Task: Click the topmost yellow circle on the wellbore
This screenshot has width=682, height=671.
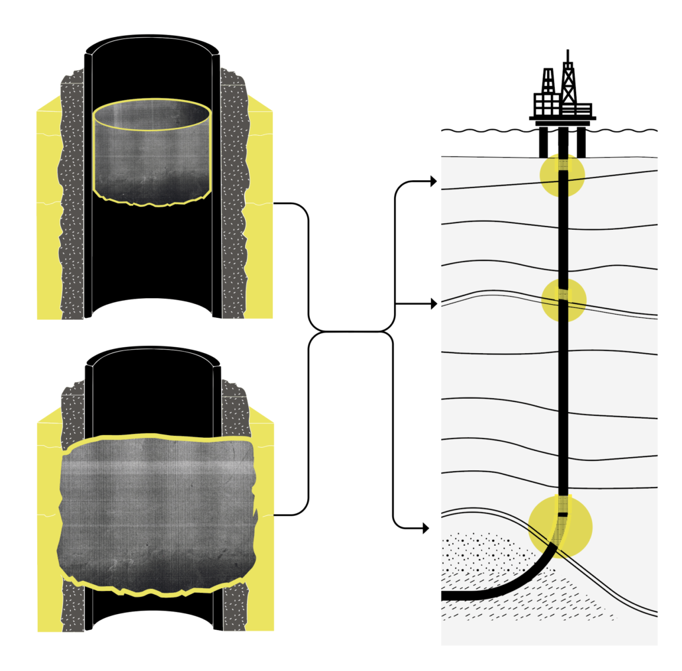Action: pos(562,176)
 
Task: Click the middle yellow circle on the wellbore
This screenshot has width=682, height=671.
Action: pos(563,299)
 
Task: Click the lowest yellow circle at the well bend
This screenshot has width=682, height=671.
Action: pos(561,526)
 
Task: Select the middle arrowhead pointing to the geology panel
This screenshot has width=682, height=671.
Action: pos(433,304)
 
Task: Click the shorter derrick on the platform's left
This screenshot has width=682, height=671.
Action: pos(548,83)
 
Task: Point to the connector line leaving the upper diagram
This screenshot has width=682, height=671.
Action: pos(291,204)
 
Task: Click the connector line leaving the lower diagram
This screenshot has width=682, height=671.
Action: pos(291,515)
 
